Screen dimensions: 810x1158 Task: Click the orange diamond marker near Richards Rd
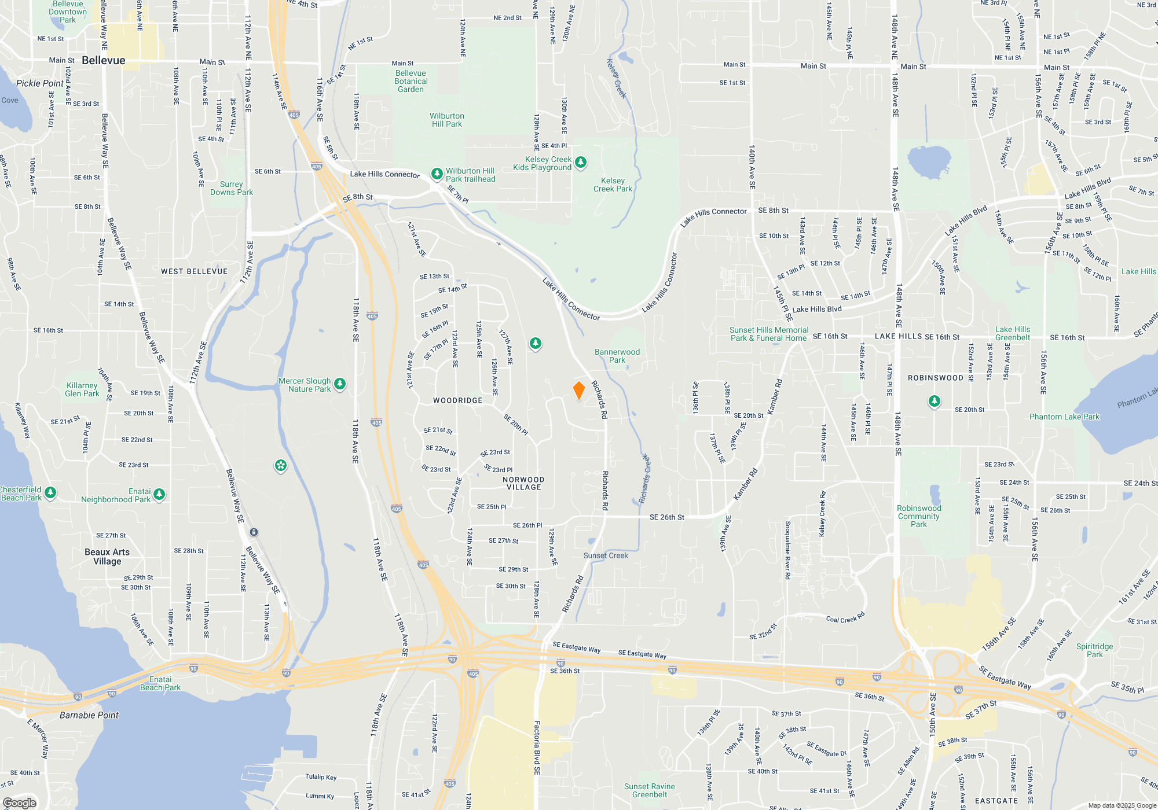pos(578,391)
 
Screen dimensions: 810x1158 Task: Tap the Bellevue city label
pos(104,61)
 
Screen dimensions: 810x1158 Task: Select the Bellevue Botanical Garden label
pos(411,82)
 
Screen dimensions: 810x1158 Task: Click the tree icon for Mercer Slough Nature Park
pos(340,384)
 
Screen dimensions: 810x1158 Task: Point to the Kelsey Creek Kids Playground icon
pos(581,163)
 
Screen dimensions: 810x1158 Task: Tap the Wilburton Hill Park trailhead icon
pos(437,174)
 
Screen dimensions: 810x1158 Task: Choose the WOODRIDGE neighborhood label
pos(457,400)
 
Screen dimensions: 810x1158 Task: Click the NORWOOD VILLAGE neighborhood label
pos(523,484)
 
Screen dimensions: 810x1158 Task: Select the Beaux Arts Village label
pos(107,557)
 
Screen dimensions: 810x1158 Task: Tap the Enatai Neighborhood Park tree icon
pos(159,494)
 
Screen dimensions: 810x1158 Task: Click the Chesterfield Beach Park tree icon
pos(51,493)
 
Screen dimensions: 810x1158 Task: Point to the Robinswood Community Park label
pos(919,517)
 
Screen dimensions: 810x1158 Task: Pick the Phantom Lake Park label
pos(1064,417)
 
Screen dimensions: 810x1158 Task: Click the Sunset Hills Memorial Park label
pos(769,334)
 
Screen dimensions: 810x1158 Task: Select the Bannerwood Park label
pos(617,356)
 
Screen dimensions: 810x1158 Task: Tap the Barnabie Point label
pos(89,716)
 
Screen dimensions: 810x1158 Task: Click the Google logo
pos(20,803)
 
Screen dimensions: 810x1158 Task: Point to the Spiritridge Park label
pos(1094,651)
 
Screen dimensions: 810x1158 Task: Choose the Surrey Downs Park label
pos(232,189)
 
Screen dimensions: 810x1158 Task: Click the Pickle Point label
pos(40,83)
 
